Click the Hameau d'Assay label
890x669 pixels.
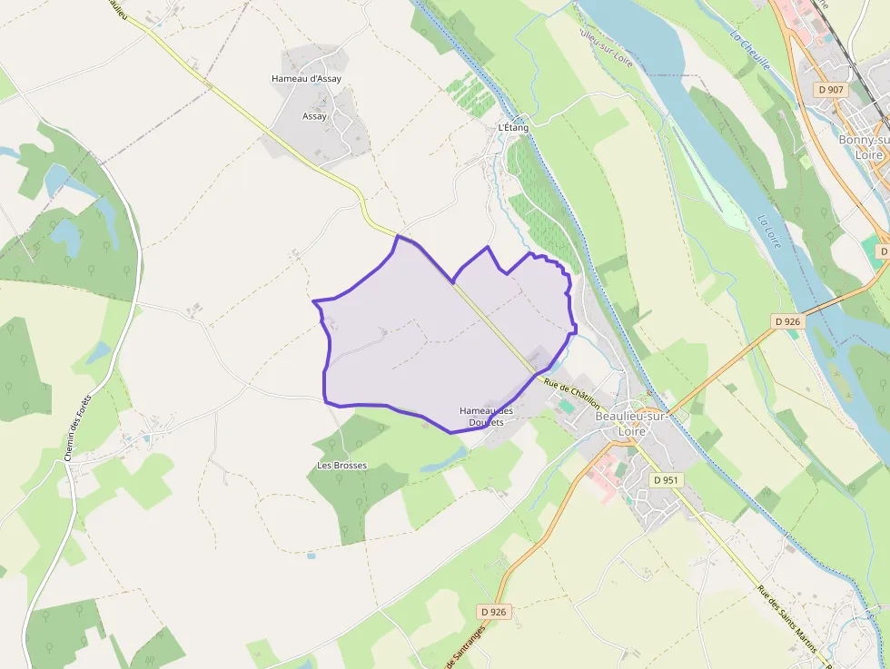306,79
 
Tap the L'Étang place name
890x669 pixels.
513,128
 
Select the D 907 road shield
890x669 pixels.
830,90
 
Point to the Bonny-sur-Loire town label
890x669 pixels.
863,147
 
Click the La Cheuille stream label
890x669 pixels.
750,51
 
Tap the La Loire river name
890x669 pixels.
769,231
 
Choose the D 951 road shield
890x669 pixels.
666,479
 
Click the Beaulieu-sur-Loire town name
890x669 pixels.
632,423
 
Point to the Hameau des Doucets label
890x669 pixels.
486,417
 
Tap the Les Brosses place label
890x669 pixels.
341,466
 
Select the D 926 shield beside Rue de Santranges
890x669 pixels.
492,612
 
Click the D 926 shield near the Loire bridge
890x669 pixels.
787,321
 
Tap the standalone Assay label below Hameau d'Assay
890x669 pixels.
314,116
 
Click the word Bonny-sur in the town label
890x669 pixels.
863,141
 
